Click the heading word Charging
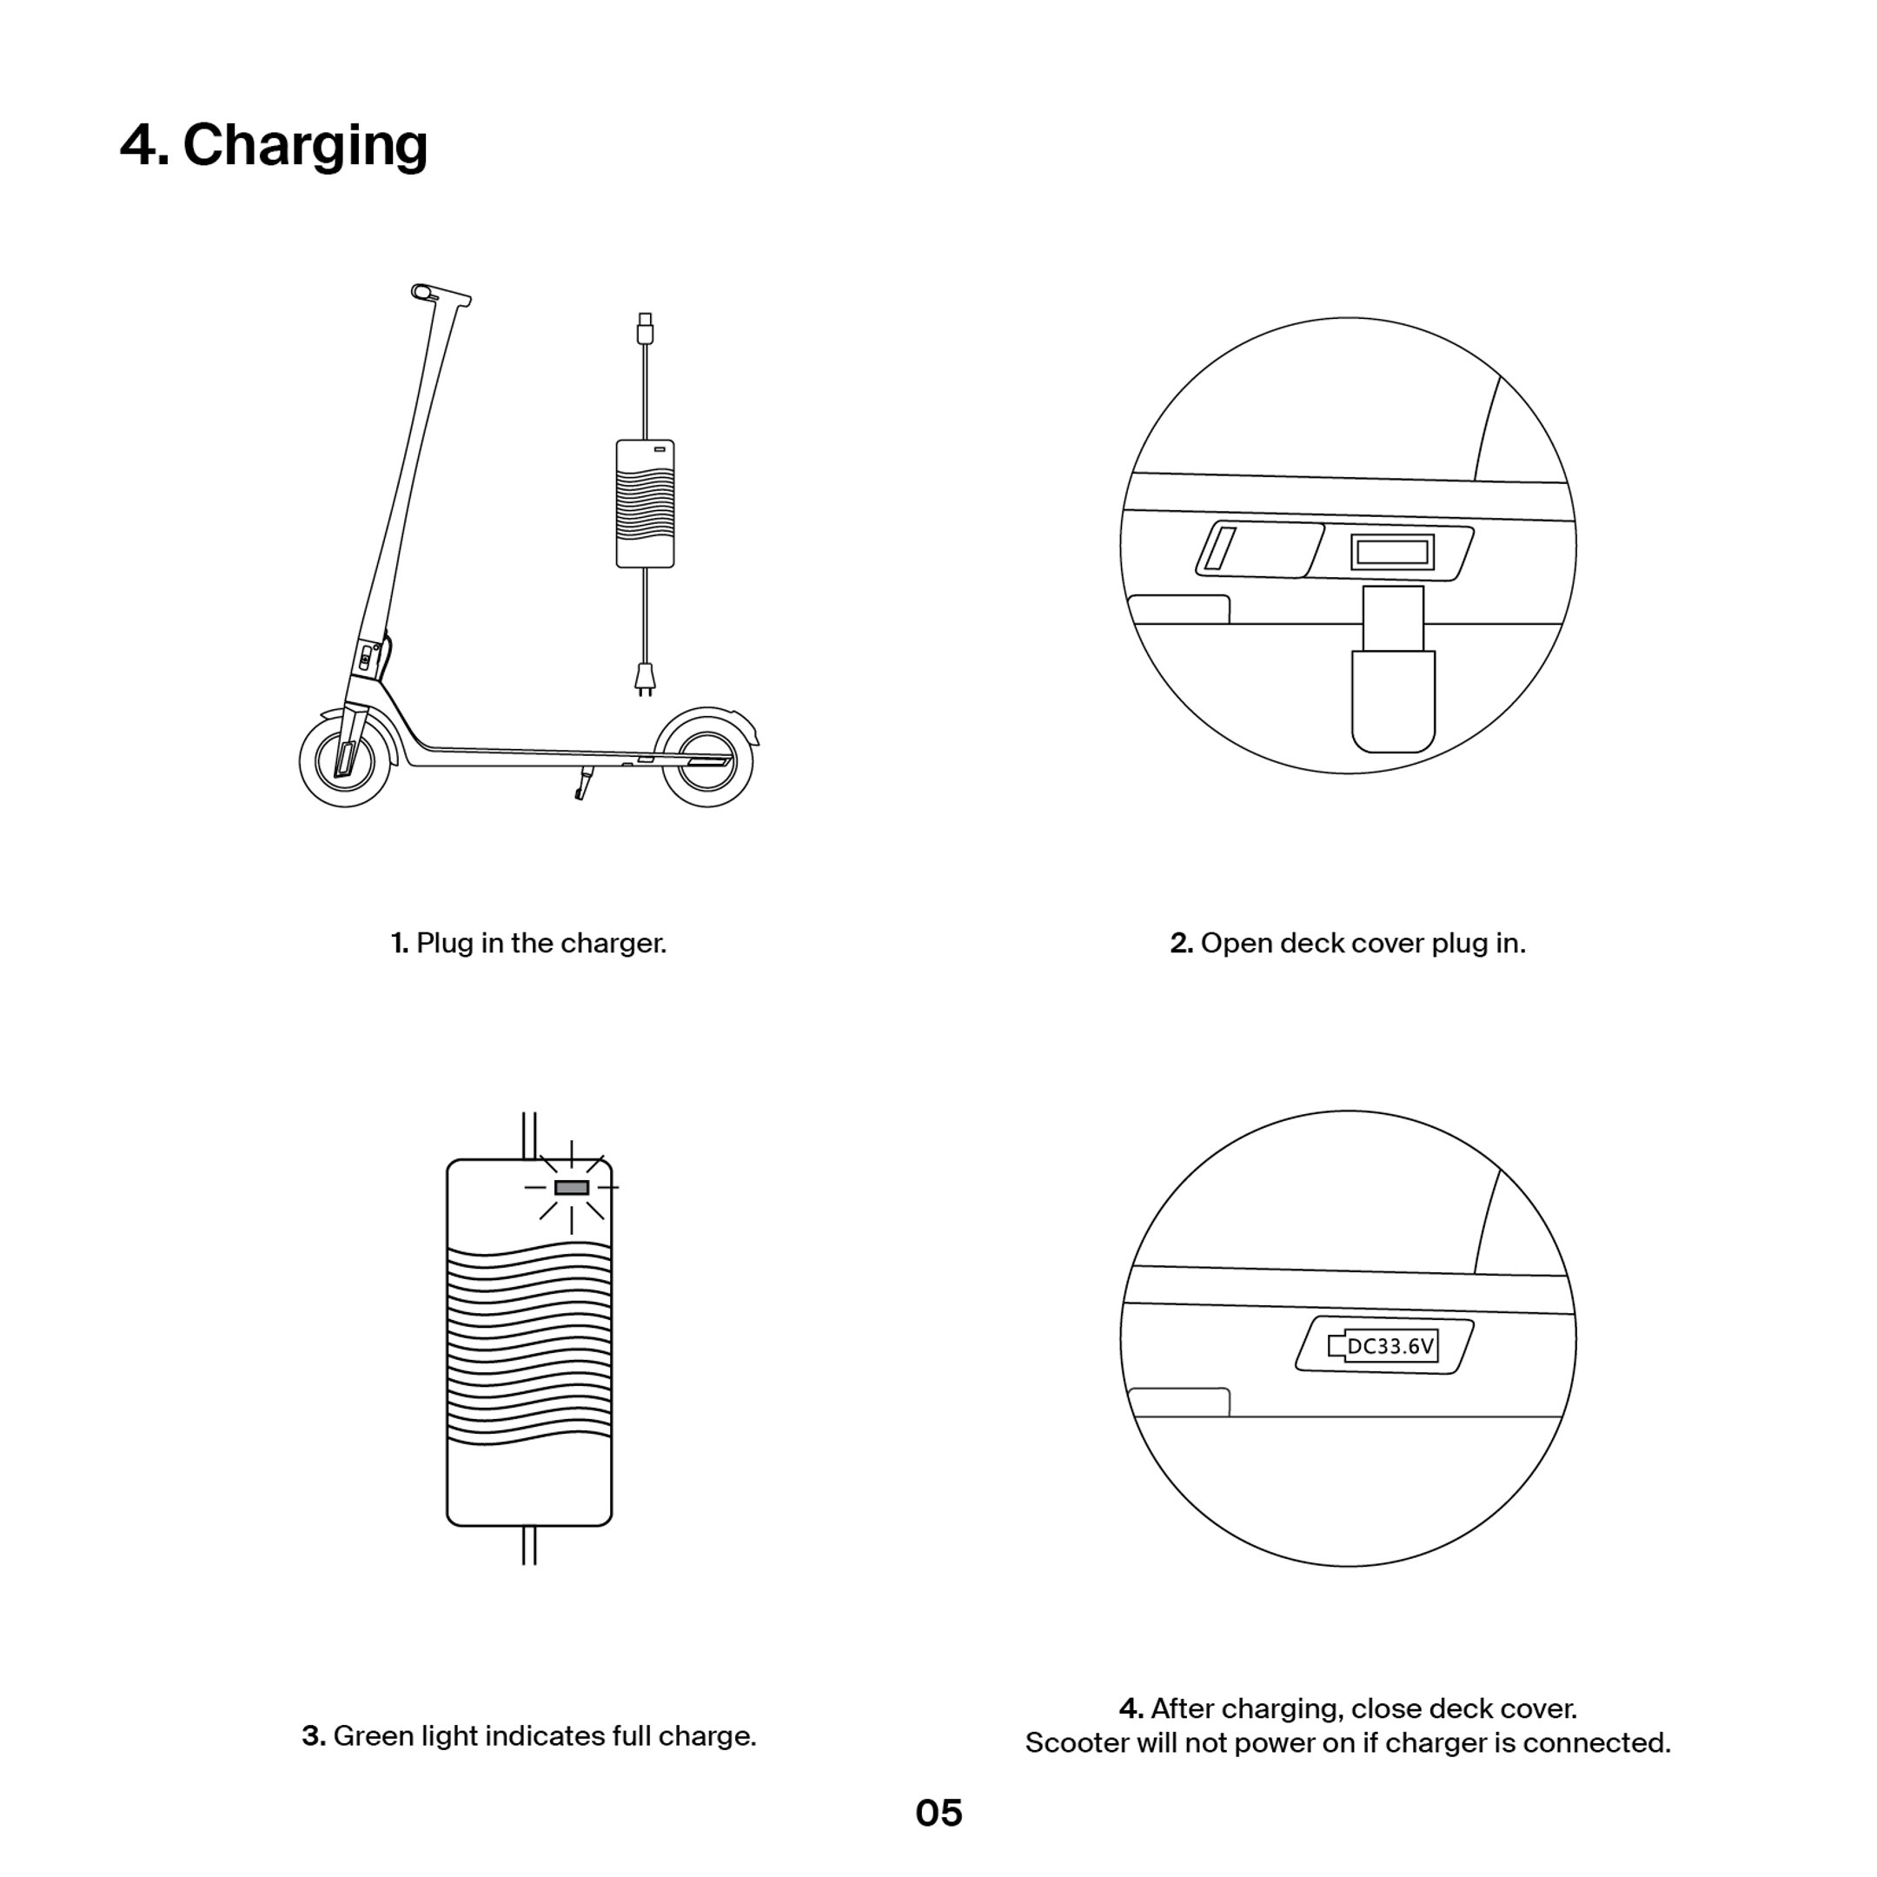click(x=304, y=146)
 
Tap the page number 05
click(x=938, y=1813)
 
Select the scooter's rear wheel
click(x=706, y=759)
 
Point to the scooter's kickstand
click(x=583, y=783)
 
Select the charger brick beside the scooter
click(x=645, y=503)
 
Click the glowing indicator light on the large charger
click(x=571, y=1187)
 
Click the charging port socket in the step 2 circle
click(x=1392, y=553)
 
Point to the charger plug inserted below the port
click(x=1393, y=680)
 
